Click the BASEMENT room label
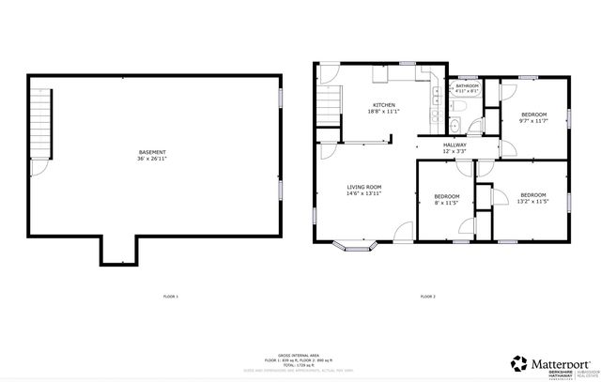pos(152,152)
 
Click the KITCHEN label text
pos(384,104)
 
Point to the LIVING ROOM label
pos(363,187)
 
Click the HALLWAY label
pos(456,145)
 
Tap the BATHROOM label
pos(467,85)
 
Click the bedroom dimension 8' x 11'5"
pos(446,202)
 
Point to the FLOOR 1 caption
pos(171,297)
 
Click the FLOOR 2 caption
pos(427,297)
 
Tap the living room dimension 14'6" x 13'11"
pos(363,194)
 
